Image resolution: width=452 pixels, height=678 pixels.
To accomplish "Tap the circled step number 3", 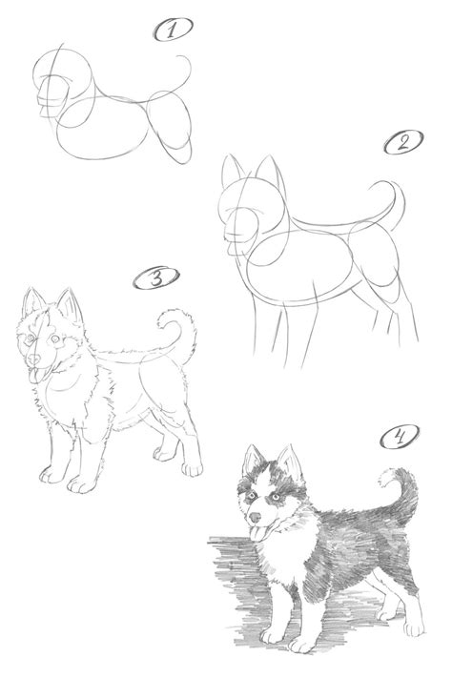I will tap(151, 279).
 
